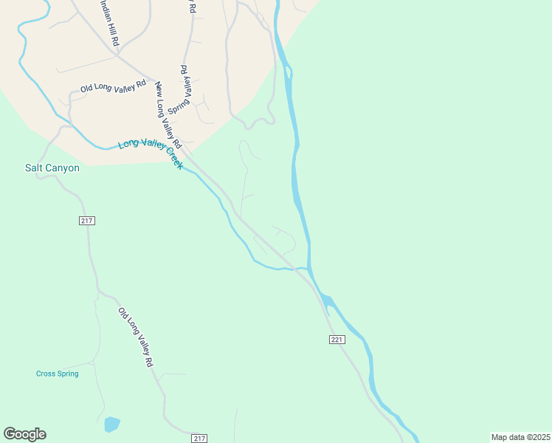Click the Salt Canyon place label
tap(52, 168)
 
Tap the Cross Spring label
tap(57, 374)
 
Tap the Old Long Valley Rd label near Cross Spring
tap(136, 337)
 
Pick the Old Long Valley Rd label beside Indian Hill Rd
tap(114, 88)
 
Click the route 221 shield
tap(337, 339)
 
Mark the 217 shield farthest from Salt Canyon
tap(199, 439)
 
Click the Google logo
tap(24, 434)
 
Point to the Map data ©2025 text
tap(520, 437)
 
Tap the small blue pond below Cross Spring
tap(111, 424)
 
